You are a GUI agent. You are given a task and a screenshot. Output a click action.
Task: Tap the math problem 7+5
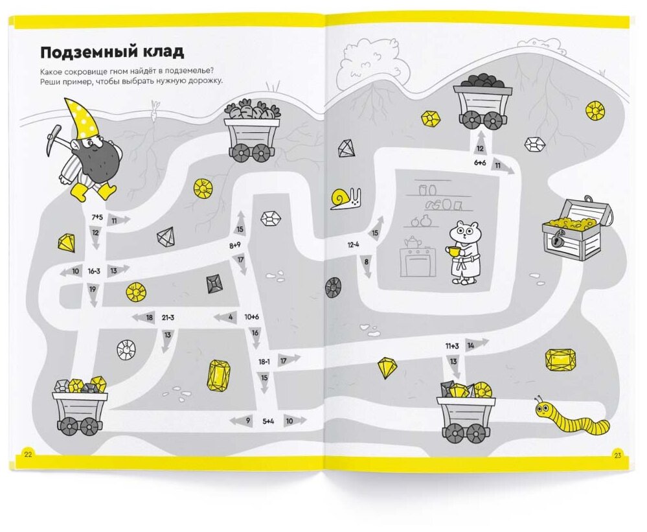tap(96, 216)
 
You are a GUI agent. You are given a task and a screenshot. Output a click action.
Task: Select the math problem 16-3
tap(95, 270)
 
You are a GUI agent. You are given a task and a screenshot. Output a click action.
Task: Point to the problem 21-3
tap(167, 317)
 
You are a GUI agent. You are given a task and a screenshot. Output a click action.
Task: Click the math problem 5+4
tap(268, 421)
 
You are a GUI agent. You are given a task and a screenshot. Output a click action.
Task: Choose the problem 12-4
tap(353, 245)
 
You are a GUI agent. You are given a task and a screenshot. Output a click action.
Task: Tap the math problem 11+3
tap(451, 346)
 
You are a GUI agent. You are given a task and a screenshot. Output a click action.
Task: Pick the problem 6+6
tap(479, 163)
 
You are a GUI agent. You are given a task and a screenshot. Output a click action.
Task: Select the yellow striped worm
tap(573, 419)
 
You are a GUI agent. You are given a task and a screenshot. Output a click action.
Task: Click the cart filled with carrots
tap(252, 131)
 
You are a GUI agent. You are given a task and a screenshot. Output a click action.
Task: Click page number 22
tap(27, 454)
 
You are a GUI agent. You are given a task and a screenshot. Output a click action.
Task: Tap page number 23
tap(617, 456)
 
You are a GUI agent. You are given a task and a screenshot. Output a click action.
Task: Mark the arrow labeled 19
tap(93, 293)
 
